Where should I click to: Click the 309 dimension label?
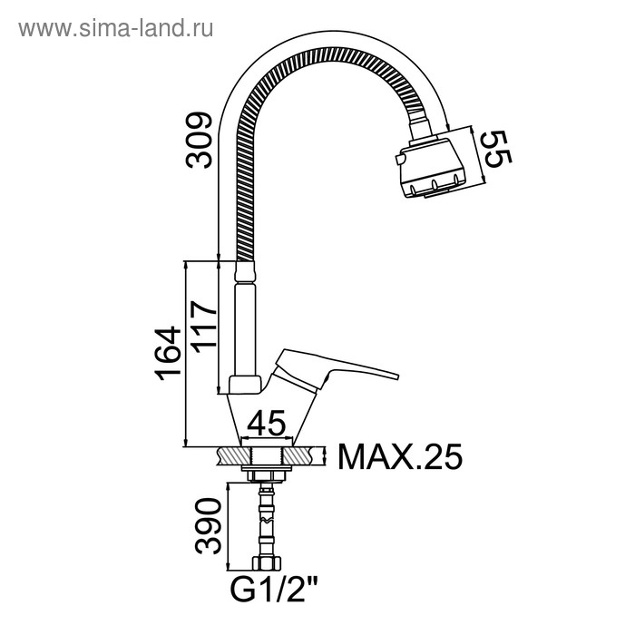199,140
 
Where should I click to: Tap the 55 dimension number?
498,149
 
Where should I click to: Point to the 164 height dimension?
168,353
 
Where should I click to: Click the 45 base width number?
266,424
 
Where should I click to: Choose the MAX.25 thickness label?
400,457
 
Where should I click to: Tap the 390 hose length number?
208,525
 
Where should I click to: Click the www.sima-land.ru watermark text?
116,28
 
